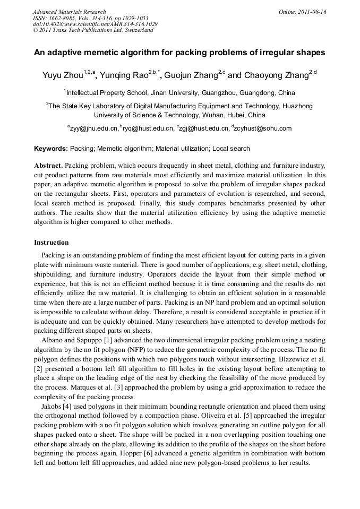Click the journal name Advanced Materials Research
pyautogui.click(x=69, y=12)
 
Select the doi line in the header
pyautogui.click(x=95, y=24)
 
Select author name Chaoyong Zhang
pyautogui.click(x=276, y=76)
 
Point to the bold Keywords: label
pyautogui.click(x=51, y=149)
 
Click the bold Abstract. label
pyautogui.click(x=49, y=166)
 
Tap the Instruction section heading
pyautogui.click(x=52, y=243)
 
